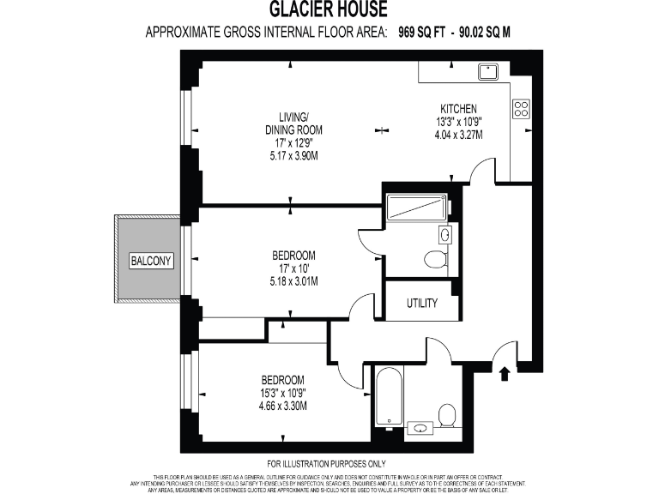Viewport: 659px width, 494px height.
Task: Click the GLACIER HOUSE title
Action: (329, 10)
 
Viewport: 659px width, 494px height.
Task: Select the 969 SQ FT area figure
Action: (427, 33)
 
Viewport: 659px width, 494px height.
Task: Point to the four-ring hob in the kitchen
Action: (521, 108)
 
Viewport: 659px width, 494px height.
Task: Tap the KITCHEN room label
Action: (459, 109)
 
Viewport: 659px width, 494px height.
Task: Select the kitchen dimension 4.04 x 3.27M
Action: (459, 135)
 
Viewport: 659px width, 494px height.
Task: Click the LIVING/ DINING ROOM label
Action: (287, 123)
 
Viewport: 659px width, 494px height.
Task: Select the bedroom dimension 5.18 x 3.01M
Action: (293, 280)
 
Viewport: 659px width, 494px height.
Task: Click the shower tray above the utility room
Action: (415, 207)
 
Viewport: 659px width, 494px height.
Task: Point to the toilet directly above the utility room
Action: (436, 259)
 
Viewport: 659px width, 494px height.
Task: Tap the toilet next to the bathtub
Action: (446, 416)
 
